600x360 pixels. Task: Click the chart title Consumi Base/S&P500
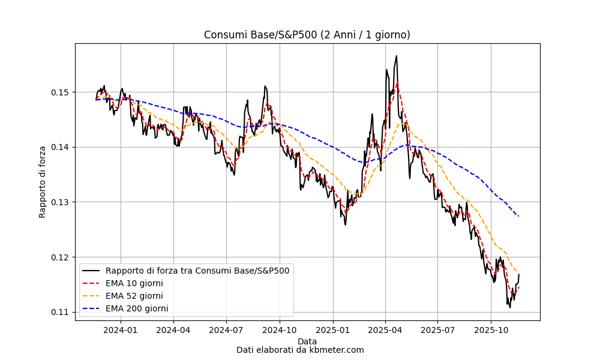pyautogui.click(x=307, y=35)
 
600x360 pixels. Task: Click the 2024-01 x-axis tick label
pyautogui.click(x=121, y=329)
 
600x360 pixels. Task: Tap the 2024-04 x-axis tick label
pyautogui.click(x=173, y=329)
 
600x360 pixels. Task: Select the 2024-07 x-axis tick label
pyautogui.click(x=226, y=329)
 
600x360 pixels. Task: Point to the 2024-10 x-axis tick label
pyautogui.click(x=280, y=329)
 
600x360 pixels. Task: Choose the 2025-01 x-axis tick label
pyautogui.click(x=332, y=329)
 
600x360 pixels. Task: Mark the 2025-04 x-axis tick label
pyautogui.click(x=385, y=329)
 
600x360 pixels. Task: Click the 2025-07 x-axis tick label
pyautogui.click(x=437, y=329)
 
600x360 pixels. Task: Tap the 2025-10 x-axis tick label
pyautogui.click(x=491, y=329)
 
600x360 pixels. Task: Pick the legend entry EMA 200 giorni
pyautogui.click(x=137, y=308)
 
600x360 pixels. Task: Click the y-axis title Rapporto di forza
pyautogui.click(x=43, y=181)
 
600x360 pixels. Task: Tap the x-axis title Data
pyautogui.click(x=307, y=341)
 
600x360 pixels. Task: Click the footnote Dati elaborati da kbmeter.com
pyautogui.click(x=300, y=350)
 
